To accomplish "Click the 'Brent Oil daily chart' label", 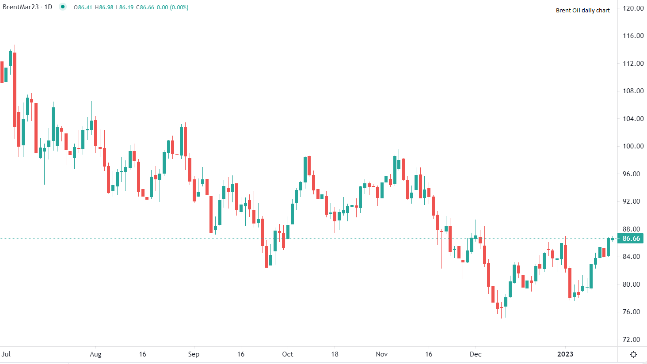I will (x=582, y=10).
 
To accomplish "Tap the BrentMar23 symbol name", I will (x=20, y=7).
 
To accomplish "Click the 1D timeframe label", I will (x=48, y=7).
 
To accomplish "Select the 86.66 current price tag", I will (x=631, y=239).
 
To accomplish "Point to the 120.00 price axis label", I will (x=633, y=8).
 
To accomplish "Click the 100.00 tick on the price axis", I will (x=633, y=146).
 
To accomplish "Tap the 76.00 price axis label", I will (x=631, y=312).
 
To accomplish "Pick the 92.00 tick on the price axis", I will (x=631, y=201).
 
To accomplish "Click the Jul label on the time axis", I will (x=6, y=354).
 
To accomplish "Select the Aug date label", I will (x=95, y=354).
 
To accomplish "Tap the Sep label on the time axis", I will (x=194, y=354).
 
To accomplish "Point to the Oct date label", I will (x=288, y=354).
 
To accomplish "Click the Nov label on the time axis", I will (x=382, y=354).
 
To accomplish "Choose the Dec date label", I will (x=476, y=354).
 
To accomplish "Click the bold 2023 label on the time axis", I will (x=565, y=354).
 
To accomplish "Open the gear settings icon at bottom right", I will (x=633, y=354).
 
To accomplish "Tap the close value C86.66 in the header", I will (x=145, y=8).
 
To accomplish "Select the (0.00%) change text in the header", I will (x=179, y=8).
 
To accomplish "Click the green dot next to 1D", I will (x=63, y=7).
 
